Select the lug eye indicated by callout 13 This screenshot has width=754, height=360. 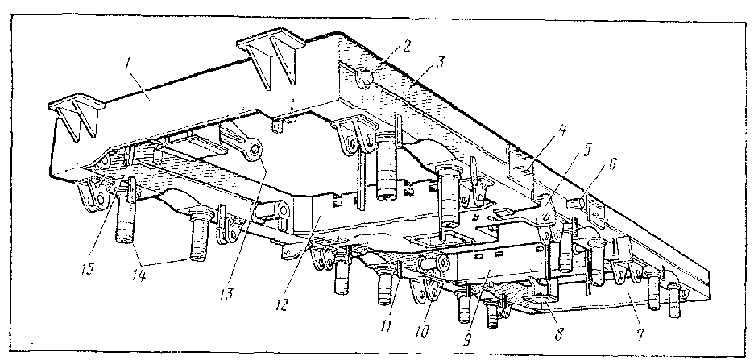[255, 149]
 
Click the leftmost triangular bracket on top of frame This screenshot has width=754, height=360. [74, 117]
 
